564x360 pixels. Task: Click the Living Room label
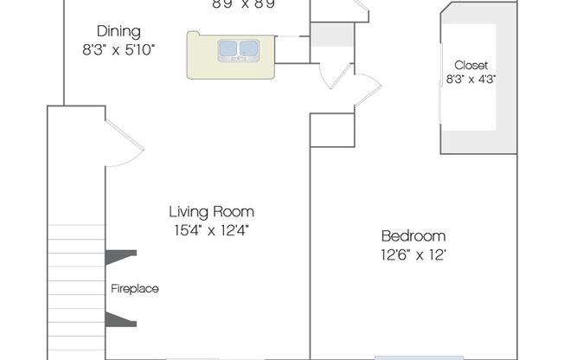click(211, 211)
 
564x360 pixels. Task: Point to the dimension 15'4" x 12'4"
click(211, 230)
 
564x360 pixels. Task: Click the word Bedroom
click(413, 236)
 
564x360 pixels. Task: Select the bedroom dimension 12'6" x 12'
click(413, 255)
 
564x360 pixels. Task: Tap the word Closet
click(471, 65)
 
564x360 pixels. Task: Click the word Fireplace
click(134, 289)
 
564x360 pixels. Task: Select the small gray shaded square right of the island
click(332, 35)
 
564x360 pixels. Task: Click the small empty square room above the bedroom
click(332, 130)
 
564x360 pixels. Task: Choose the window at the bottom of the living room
click(199, 357)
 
